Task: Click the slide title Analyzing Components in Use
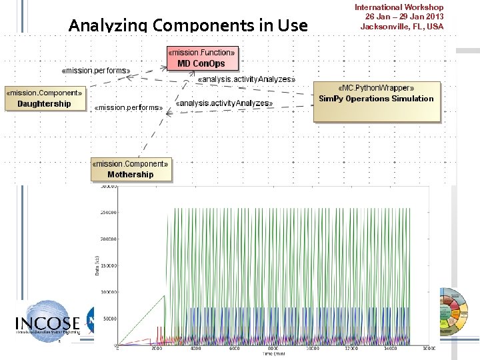188,26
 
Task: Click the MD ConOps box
201,59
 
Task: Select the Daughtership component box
44,99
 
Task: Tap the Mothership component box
131,169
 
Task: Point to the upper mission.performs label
95,69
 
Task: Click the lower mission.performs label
129,107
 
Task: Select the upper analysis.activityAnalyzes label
246,79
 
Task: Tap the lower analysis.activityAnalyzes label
224,103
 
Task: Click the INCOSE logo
46,323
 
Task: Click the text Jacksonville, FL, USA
401,27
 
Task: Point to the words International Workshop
399,7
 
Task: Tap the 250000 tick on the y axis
109,212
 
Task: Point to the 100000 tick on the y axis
109,292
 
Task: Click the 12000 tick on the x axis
351,348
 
